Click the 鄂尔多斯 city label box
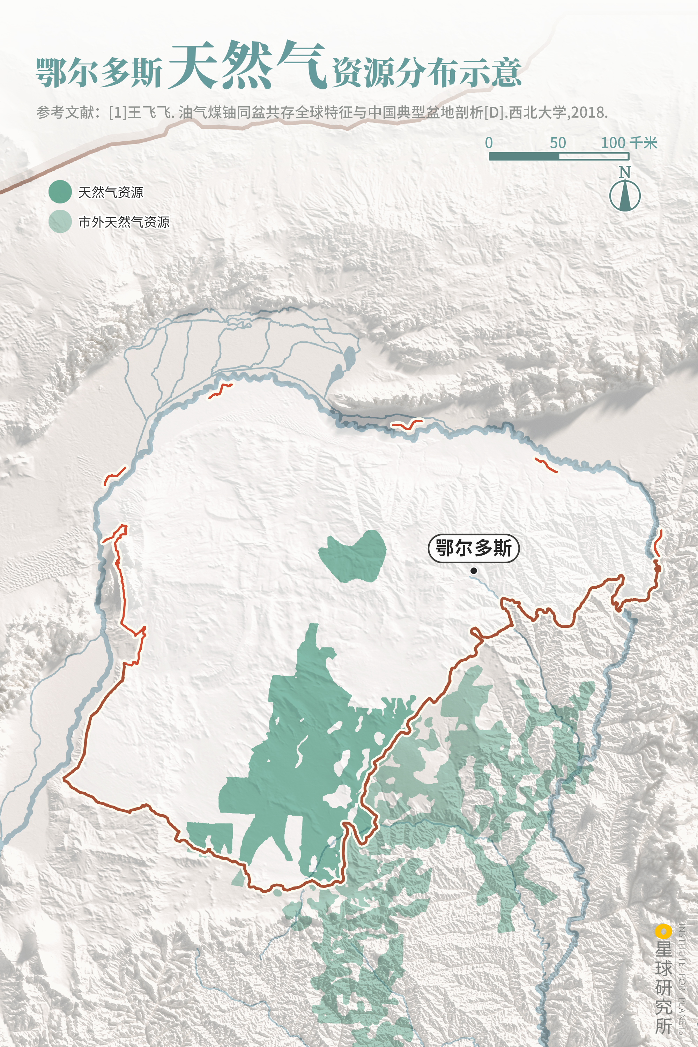coord(473,548)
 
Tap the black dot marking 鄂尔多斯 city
coord(474,571)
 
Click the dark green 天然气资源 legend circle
coord(60,192)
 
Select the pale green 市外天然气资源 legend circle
coord(60,221)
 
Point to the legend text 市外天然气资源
coord(124,222)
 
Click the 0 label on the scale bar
coord(489,143)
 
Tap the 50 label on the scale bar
coord(558,143)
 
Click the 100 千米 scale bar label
coord(629,143)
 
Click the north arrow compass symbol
coord(625,196)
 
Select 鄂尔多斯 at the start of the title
coord(99,72)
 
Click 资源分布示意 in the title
coord(426,72)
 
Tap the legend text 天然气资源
coord(111,192)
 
